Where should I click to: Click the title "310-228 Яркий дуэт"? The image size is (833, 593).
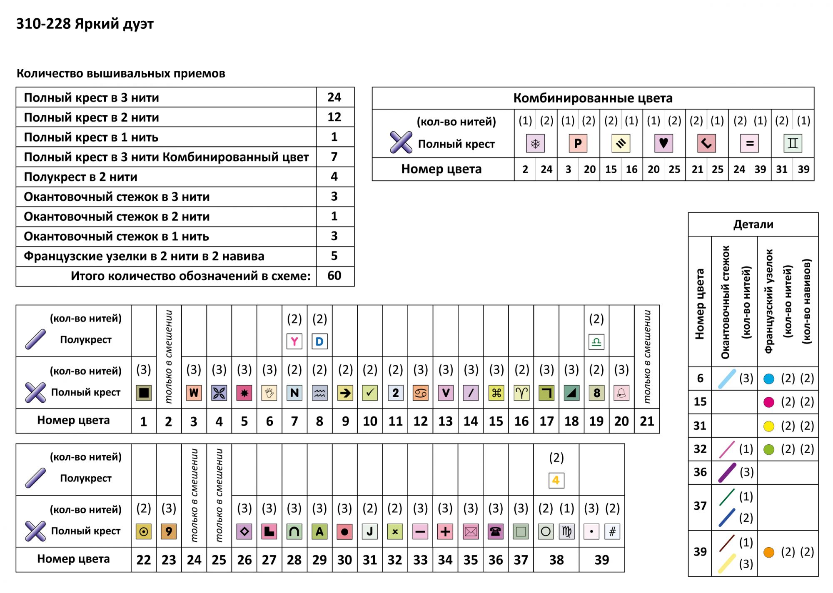[85, 24]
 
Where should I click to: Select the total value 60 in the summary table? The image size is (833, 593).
[334, 276]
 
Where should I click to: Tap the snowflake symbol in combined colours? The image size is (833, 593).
[535, 144]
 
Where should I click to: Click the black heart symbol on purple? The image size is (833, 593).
[663, 144]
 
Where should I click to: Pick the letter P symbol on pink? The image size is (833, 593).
[578, 144]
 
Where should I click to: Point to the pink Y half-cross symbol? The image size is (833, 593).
[294, 341]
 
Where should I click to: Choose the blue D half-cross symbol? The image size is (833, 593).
[319, 341]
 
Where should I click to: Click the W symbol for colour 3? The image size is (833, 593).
[194, 393]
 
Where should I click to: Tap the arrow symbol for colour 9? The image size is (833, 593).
[345, 393]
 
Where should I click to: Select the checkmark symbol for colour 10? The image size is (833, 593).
[370, 393]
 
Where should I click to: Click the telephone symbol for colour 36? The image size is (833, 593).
[496, 531]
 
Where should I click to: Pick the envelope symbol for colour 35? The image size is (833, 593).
[471, 531]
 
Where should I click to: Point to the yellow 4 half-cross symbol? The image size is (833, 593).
[556, 480]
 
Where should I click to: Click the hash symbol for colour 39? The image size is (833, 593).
[612, 531]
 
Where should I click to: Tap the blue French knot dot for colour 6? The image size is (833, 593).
[769, 379]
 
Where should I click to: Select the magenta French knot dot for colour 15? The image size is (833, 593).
[769, 402]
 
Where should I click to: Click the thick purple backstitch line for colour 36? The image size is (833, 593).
[727, 472]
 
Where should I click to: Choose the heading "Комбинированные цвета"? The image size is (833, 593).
[593, 98]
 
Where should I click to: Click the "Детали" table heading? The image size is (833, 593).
[753, 224]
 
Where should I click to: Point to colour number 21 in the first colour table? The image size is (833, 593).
[647, 421]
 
